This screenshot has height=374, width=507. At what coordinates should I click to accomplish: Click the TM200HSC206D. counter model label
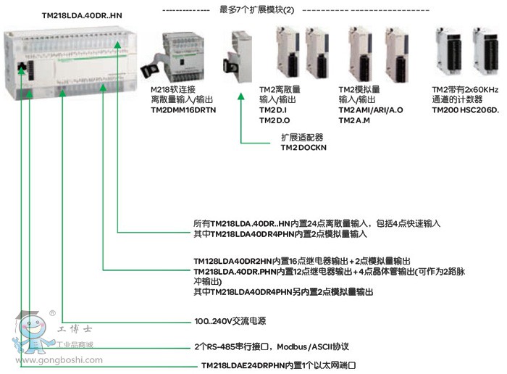[x=466, y=109]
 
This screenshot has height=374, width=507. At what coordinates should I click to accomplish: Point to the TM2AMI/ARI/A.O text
[x=371, y=109]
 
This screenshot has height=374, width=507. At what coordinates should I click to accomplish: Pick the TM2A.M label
[x=355, y=120]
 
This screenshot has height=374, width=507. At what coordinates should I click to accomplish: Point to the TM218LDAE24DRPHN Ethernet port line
[x=281, y=365]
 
